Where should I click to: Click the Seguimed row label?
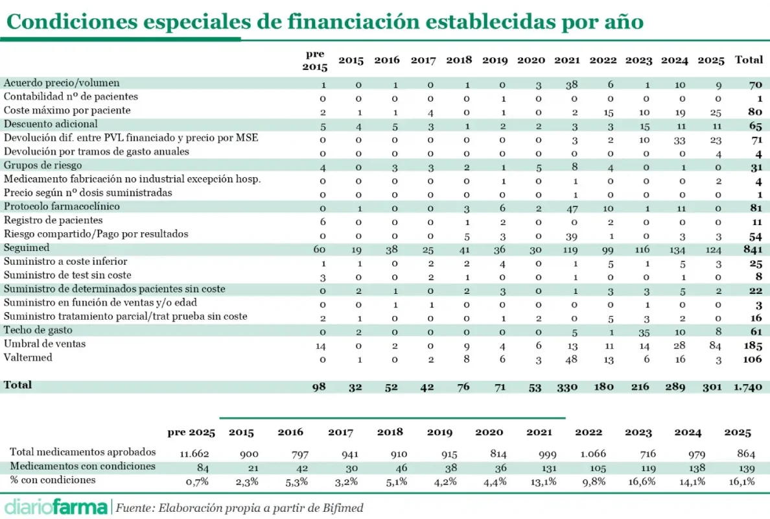pyautogui.click(x=27, y=248)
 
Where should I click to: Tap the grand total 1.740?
pyautogui.click(x=748, y=387)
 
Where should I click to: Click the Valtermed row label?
pyautogui.click(x=28, y=357)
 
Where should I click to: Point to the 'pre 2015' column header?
pyautogui.click(x=315, y=60)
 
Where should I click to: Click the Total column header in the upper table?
pyautogui.click(x=749, y=60)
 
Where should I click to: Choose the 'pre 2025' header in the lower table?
pyautogui.click(x=187, y=433)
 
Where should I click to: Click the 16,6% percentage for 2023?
pyautogui.click(x=638, y=481)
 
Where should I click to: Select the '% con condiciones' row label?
pyautogui.click(x=52, y=480)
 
